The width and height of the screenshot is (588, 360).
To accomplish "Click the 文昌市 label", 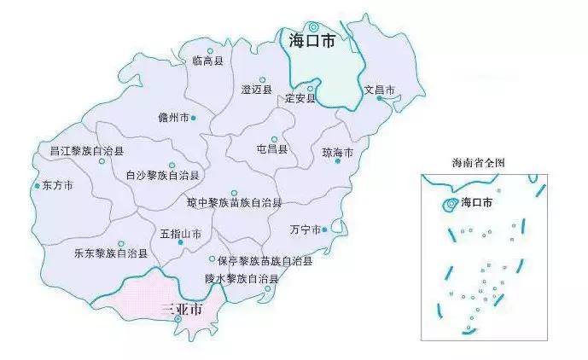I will pos(380,90).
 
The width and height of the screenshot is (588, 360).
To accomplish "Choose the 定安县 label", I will pos(300,98).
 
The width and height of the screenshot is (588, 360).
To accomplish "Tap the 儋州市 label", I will pos(174,117).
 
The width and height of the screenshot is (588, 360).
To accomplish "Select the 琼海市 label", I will pos(337,153).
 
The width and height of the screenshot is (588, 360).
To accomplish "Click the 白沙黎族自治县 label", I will pos(162,176).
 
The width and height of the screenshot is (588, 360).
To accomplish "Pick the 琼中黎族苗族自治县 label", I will pos(234,203).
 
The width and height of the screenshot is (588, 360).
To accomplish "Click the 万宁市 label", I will pos(304,229).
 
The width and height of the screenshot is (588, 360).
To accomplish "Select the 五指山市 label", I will pos(180,233).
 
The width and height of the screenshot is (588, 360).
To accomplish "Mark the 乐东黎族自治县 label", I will pos(110,253).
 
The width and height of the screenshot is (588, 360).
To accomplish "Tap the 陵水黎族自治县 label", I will pos(242,278).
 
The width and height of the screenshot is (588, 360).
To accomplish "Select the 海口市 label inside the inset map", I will pos(477,203).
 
